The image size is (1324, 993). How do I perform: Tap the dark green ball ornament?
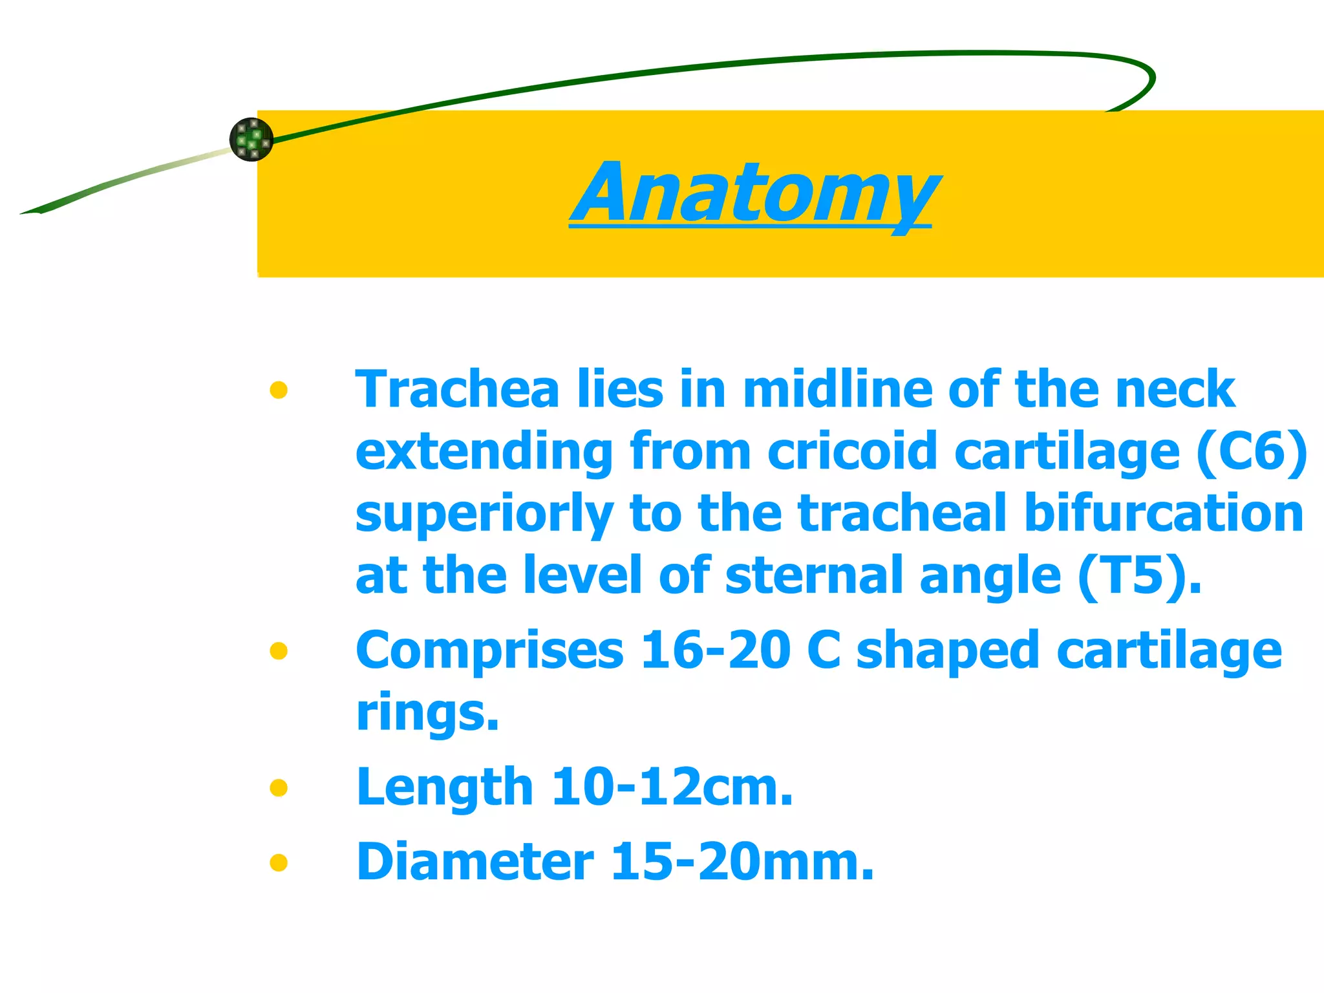point(251,139)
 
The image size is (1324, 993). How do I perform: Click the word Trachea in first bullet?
point(457,390)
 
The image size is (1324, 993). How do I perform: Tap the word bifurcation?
point(1164,513)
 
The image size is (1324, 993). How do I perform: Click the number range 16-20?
point(715,650)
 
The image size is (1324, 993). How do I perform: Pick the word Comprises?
point(489,650)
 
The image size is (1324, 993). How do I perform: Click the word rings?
point(427,712)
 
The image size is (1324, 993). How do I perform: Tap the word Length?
point(445,787)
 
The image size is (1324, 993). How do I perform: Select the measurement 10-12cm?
point(672,787)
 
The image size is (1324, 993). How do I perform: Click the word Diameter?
point(475,862)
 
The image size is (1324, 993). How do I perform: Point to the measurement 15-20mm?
point(742,862)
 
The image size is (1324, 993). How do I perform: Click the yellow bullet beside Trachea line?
point(279,390)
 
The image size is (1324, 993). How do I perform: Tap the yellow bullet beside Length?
point(279,787)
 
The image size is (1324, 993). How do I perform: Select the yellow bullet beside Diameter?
point(279,862)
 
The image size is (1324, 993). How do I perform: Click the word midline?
point(837,390)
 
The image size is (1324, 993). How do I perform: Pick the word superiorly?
point(484,515)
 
